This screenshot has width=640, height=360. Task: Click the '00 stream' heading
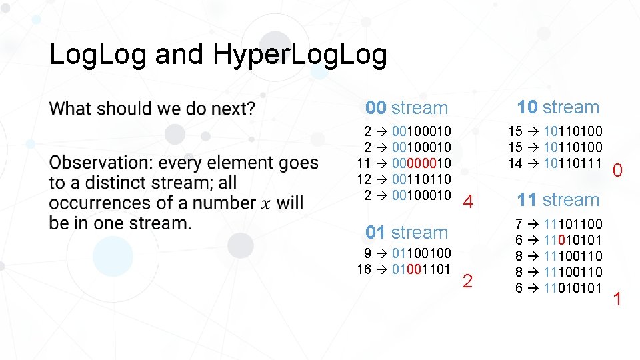point(407,108)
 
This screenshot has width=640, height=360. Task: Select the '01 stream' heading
point(407,233)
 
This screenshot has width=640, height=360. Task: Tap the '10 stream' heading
point(558,107)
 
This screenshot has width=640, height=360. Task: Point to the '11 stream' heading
point(558,200)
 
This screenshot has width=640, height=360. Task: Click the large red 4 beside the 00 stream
point(468,202)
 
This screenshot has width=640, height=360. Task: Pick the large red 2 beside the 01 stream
point(467,281)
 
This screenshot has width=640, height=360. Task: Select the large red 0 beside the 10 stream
point(617,171)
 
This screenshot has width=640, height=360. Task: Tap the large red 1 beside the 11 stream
point(617,299)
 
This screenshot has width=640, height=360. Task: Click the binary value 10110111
point(573,163)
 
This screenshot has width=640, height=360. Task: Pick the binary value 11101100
point(573,224)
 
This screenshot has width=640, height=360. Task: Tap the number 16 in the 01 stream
point(364,269)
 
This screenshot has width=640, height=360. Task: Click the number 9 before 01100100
point(368,253)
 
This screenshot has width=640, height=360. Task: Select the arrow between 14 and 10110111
point(533,163)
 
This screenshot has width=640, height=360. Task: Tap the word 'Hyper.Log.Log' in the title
point(299,55)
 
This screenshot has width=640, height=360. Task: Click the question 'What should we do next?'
point(152,108)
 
